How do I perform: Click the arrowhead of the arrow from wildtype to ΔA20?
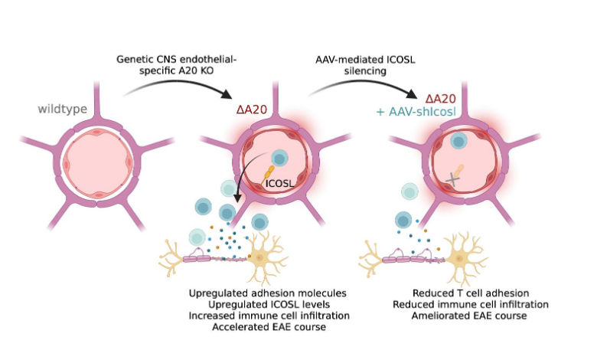(228, 96)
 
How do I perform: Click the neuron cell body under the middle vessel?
(262, 259)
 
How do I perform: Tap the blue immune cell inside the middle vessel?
(279, 159)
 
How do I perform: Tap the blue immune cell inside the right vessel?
(458, 141)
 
